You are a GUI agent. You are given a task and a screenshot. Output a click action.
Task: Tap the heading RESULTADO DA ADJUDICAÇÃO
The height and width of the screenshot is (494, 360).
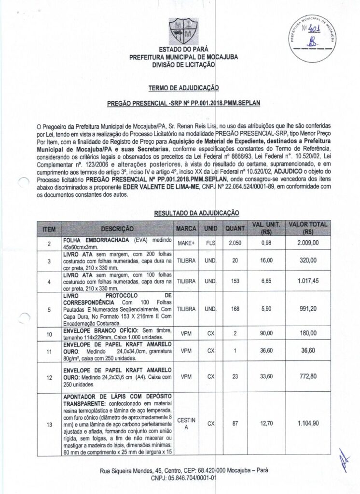[x=196, y=212]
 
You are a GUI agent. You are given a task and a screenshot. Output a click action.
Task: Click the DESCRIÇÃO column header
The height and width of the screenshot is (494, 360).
[x=117, y=228]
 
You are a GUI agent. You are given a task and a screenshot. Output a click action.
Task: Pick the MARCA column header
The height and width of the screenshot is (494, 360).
[x=186, y=228]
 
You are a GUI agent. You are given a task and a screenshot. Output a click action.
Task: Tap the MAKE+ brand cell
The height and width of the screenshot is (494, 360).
[x=186, y=244]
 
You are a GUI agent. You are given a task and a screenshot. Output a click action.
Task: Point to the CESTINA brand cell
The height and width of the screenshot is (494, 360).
[x=186, y=424]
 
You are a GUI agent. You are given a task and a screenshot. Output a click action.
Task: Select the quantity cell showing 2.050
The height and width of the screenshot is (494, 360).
[x=235, y=244]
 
